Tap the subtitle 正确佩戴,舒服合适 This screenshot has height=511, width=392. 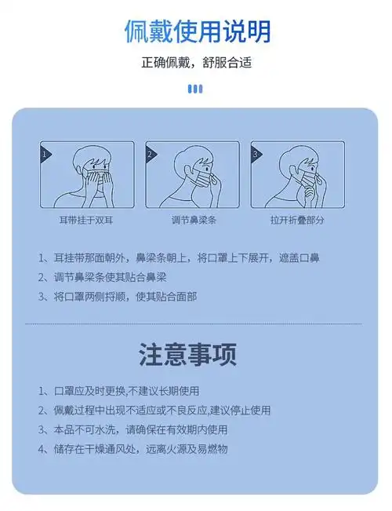pyautogui.click(x=197, y=63)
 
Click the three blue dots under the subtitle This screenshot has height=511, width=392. pyautogui.click(x=196, y=89)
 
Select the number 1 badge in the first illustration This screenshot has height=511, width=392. pyautogui.click(x=45, y=154)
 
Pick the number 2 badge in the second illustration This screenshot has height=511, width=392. pyautogui.click(x=151, y=154)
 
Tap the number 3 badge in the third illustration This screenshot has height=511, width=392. pyautogui.click(x=256, y=154)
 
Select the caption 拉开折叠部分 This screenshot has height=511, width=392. pyautogui.click(x=297, y=221)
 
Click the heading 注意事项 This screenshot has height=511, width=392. pyautogui.click(x=188, y=355)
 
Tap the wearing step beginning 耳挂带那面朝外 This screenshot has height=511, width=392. pyautogui.click(x=178, y=257)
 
